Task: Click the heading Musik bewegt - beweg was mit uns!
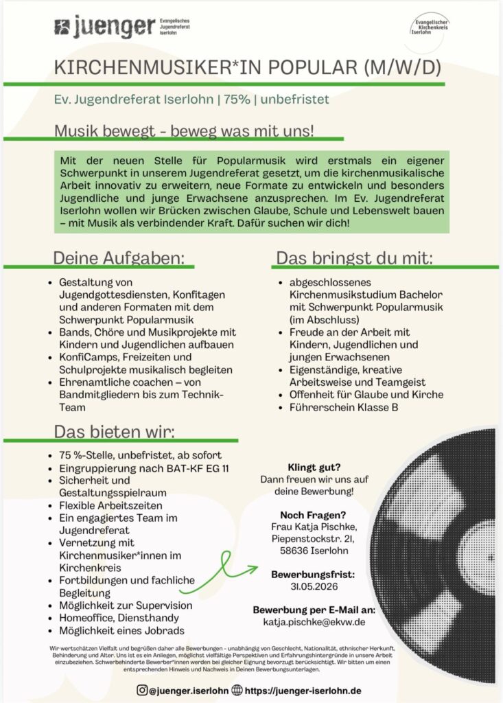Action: point(185,130)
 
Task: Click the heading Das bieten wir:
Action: point(115,432)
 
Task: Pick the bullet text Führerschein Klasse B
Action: point(337,408)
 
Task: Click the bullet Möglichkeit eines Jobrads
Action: point(122,630)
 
